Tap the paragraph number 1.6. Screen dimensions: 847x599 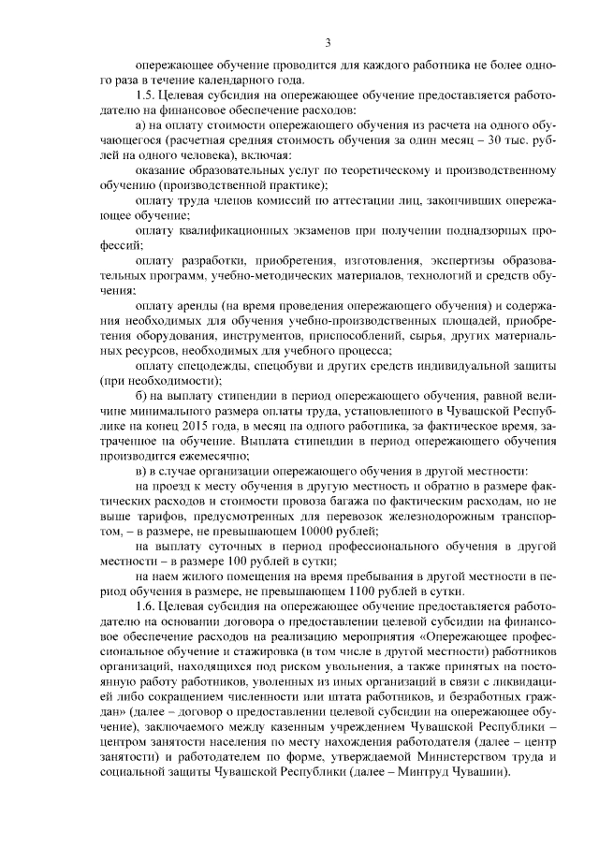point(146,605)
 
